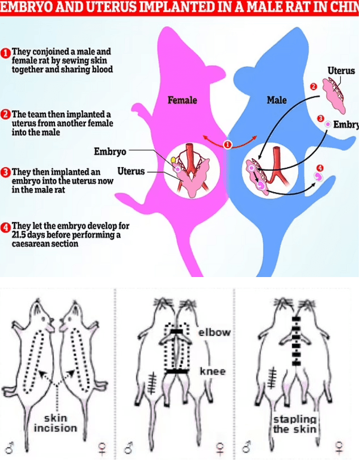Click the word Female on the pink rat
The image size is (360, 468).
point(182,100)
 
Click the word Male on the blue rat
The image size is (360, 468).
point(277,100)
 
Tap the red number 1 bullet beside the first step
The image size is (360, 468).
point(6,52)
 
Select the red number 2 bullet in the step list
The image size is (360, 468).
point(6,114)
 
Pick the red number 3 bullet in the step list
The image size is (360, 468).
point(6,171)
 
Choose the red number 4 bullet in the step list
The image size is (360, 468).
point(6,228)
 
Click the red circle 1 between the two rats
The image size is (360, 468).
point(228,144)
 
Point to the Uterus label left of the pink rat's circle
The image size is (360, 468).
point(131,171)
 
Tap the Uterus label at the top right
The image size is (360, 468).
point(341,71)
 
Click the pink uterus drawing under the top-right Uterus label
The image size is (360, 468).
point(336,94)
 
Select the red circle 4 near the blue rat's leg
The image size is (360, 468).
point(320,168)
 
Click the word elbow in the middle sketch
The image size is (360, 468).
point(214,333)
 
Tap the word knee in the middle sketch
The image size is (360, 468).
point(213,371)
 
